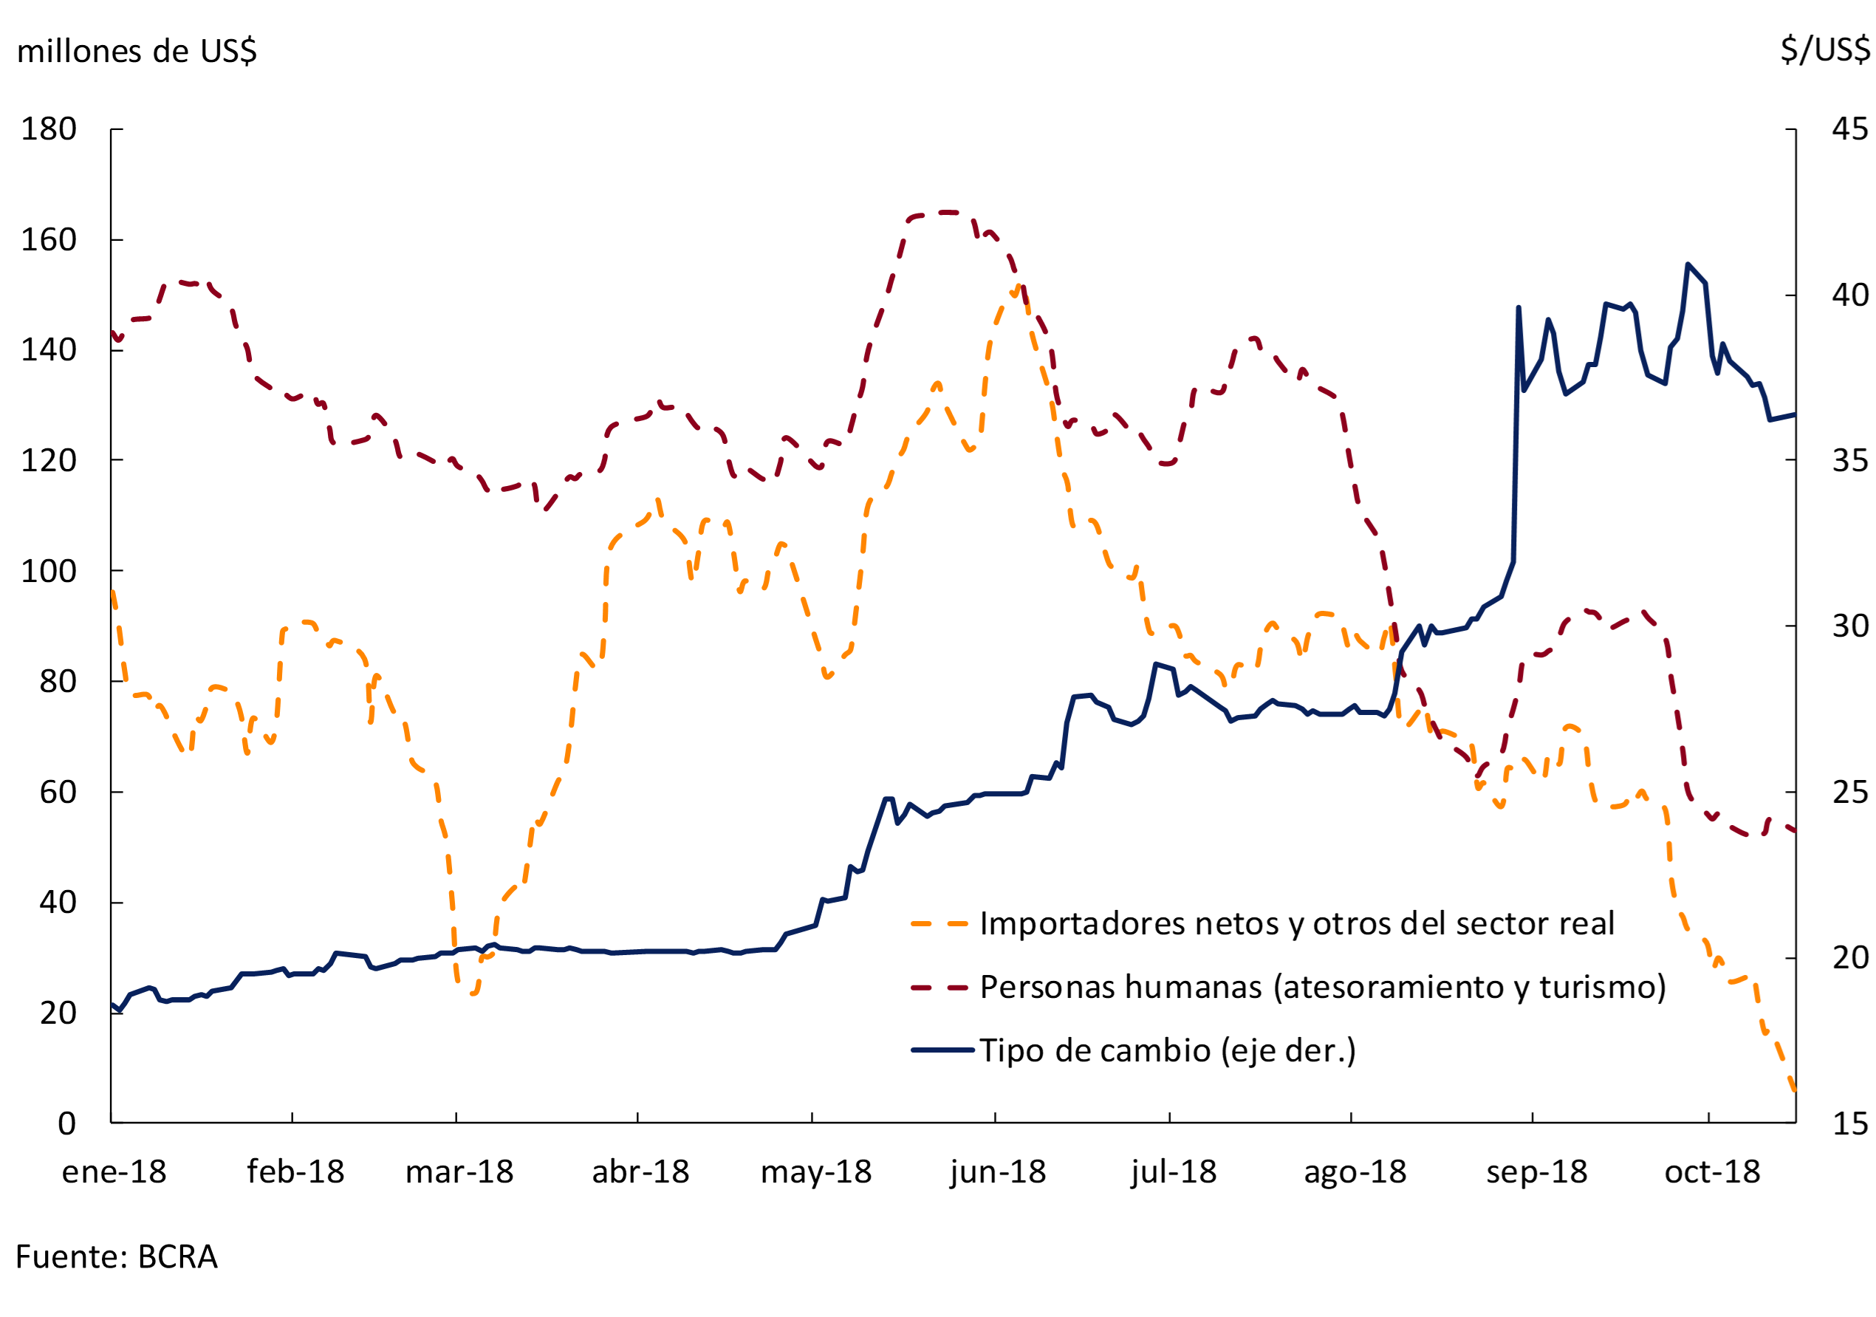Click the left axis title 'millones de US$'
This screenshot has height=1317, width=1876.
pos(137,52)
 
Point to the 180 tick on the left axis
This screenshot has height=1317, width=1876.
pos(49,129)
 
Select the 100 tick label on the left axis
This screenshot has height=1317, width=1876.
pos(49,571)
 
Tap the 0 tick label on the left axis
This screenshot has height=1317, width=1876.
pos(67,1123)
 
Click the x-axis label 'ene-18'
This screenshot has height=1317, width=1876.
pos(114,1172)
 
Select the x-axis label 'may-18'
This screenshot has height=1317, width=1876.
pos(816,1172)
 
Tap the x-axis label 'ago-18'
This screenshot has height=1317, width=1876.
pos(1355,1172)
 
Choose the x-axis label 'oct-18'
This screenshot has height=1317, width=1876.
pos(1713,1172)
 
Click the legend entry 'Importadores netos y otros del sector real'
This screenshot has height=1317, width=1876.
pos(1297,924)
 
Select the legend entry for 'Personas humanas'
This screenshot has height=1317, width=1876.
pos(1323,987)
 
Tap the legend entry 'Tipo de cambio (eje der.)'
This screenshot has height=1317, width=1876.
pos(1168,1050)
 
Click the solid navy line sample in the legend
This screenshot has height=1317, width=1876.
pos(942,1050)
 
